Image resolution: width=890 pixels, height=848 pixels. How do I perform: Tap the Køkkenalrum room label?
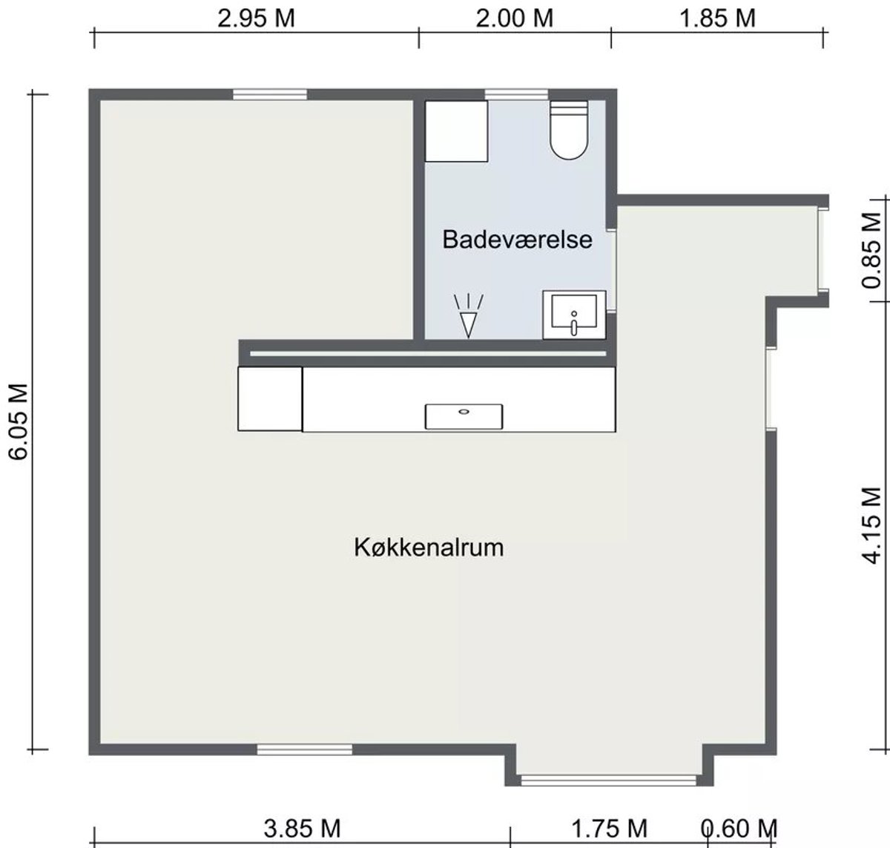pos(429,547)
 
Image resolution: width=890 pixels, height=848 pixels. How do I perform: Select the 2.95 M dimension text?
pos(256,19)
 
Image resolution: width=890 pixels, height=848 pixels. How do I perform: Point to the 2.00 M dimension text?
pos(515,19)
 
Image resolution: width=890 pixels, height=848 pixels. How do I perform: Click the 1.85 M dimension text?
pos(717,19)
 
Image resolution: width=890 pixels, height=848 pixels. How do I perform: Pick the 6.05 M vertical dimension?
pos(19,421)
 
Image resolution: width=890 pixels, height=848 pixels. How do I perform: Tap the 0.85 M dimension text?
pos(871,250)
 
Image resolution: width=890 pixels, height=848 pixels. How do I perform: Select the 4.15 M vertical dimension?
pos(871,525)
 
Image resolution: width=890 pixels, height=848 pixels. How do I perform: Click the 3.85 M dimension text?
pos(302,829)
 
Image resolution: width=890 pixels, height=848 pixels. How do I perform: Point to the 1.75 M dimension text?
pos(610,829)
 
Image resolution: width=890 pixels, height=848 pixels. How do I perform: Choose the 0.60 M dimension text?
pos(739,829)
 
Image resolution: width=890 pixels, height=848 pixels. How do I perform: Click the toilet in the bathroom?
pos(569,130)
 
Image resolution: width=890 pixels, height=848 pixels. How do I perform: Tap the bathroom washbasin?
pos(574,315)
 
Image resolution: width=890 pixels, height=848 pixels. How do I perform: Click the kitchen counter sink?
pos(464,416)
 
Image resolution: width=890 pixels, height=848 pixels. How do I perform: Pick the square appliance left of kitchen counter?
pos(270,398)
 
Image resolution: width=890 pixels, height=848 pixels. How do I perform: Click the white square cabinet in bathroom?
pos(456,131)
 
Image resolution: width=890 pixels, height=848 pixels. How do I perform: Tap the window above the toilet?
pos(516,94)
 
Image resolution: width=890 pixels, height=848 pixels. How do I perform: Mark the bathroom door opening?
pos(612,271)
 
